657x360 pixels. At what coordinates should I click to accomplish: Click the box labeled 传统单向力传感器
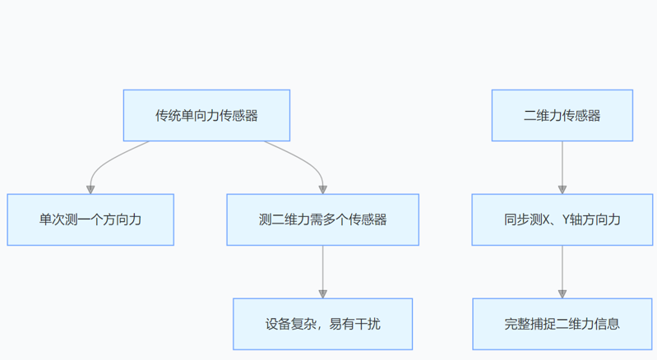pos(206,116)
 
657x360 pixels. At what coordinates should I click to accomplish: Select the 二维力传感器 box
pos(562,116)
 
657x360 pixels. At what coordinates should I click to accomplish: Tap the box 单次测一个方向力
pos(90,219)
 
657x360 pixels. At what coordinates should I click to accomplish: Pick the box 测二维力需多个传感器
pos(322,219)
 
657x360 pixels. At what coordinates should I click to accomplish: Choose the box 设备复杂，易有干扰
pos(322,324)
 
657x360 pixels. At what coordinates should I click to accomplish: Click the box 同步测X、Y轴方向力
pos(562,219)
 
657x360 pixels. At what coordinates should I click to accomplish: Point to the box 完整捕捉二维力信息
pos(562,324)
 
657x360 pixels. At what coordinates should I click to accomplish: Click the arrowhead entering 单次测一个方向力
pos(90,189)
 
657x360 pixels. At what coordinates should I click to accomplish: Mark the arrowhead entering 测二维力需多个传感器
pos(322,189)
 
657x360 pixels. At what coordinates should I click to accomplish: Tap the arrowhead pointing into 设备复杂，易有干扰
pos(322,293)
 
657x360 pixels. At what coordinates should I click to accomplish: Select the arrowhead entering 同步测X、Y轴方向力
pos(562,189)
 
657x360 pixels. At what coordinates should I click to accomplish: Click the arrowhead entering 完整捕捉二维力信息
pos(562,293)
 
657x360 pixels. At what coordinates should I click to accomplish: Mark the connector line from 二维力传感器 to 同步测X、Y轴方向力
pos(562,164)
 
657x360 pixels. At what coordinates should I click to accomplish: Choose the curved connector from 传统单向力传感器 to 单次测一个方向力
pos(107,161)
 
